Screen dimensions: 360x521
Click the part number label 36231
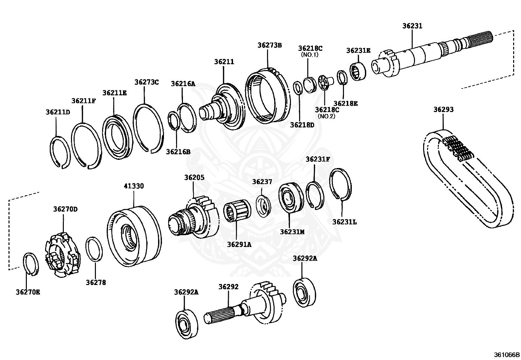tap(412, 26)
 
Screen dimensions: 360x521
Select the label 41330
tap(134, 186)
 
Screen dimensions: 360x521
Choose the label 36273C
tap(146, 82)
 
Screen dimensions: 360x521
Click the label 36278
tap(96, 282)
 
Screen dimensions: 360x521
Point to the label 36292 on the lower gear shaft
tap(228, 287)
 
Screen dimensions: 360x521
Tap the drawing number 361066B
tap(507, 354)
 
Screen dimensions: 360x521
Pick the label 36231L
tap(345, 222)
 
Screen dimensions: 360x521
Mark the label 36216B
tap(178, 152)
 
